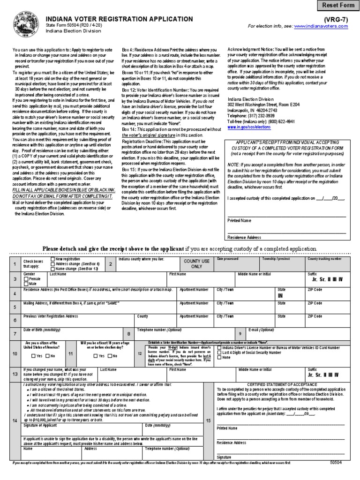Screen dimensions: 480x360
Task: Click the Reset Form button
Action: [338, 6]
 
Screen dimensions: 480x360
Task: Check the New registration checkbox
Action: [52, 259]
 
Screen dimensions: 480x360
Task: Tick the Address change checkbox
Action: [52, 264]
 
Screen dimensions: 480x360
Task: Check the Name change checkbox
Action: [52, 269]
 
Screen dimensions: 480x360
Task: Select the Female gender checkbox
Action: [26, 279]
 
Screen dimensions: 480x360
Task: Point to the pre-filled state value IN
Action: [280, 296]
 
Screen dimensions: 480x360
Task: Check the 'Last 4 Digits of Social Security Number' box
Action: [220, 352]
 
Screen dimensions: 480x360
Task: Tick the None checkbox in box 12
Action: [220, 357]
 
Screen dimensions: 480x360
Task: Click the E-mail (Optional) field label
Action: [261, 330]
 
